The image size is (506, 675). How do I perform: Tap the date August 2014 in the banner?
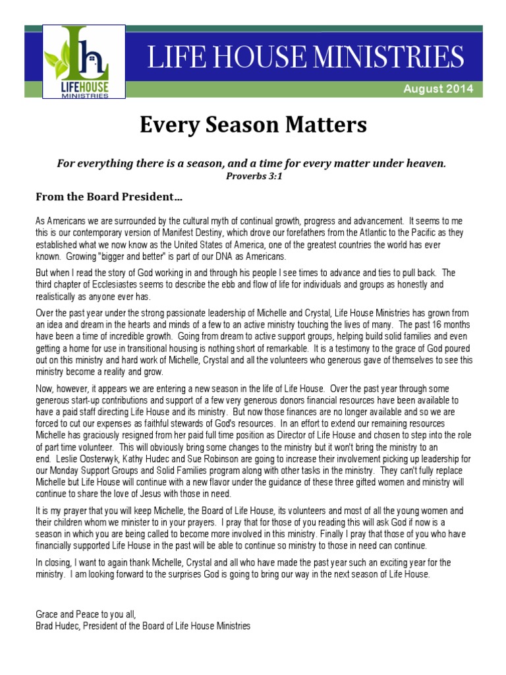[x=438, y=89]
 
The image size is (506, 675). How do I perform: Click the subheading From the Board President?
[x=109, y=196]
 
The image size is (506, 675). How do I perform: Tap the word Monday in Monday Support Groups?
[x=65, y=469]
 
